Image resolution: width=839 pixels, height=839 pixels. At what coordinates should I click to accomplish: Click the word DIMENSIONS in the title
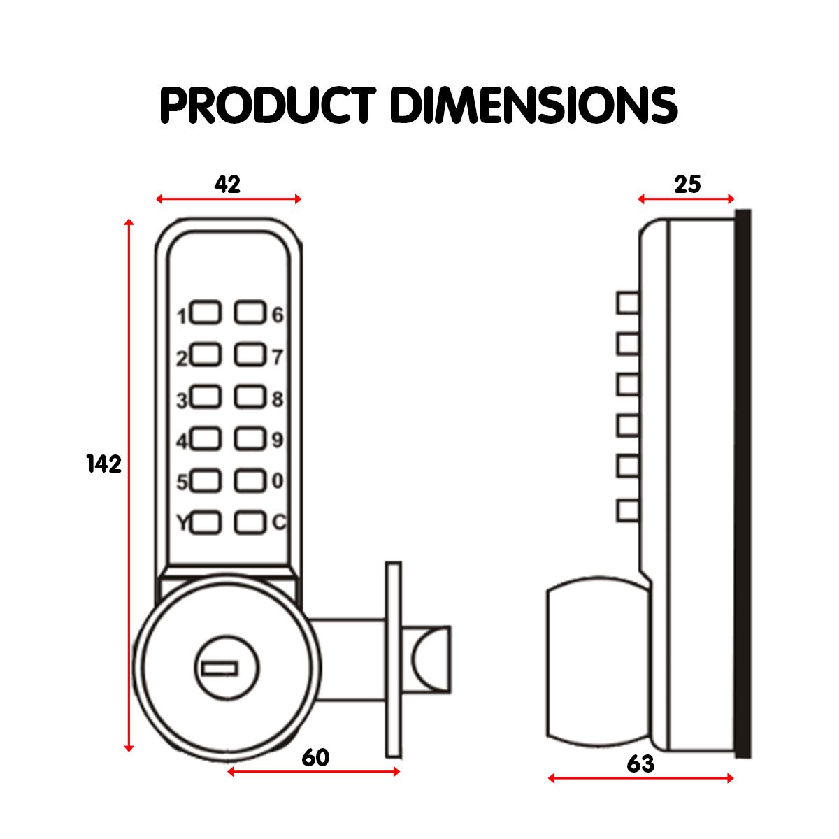click(533, 106)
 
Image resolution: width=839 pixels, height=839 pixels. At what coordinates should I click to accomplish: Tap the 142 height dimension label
click(104, 464)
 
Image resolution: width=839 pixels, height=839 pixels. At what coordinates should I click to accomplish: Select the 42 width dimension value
click(227, 185)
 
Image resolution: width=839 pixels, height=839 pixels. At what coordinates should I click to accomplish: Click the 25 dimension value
click(687, 185)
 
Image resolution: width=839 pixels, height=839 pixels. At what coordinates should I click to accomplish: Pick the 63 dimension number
click(640, 764)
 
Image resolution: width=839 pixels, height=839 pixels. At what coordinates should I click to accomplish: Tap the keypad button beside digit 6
click(250, 313)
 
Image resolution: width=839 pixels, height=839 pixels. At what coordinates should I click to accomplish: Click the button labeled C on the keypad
click(250, 522)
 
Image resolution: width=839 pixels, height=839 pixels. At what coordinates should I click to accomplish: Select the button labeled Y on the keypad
click(206, 522)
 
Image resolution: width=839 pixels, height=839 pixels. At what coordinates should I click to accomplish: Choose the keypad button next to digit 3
click(206, 397)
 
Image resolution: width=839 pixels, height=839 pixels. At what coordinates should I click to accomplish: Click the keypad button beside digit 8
click(250, 397)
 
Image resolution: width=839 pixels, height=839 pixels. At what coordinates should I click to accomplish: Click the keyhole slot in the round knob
click(220, 669)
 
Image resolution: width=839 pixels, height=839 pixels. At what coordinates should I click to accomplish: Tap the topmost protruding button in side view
click(628, 303)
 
